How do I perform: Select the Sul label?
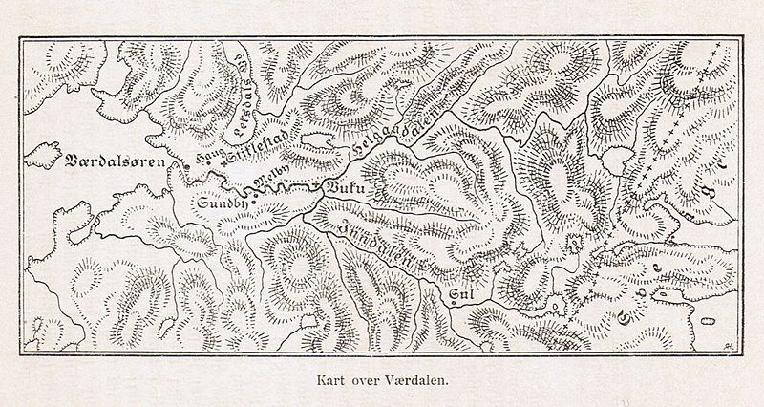pos(463,295)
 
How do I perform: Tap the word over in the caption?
pos(365,377)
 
